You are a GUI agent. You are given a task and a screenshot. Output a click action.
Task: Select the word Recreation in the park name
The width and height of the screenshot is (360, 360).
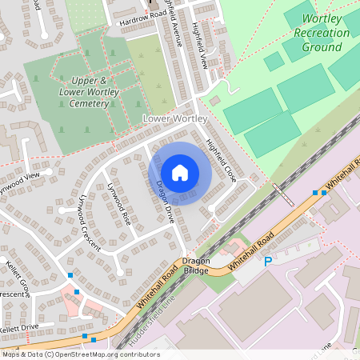(x=322, y=33)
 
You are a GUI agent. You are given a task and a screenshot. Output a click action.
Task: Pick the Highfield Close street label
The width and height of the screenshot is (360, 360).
(x=220, y=161)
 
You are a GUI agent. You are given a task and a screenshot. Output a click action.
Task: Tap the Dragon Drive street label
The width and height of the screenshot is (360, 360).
(x=166, y=202)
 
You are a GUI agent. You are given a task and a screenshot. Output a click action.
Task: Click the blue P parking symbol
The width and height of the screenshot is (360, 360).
(x=268, y=261)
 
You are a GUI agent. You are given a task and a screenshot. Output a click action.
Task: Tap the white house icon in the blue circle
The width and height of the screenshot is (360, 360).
(x=180, y=173)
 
